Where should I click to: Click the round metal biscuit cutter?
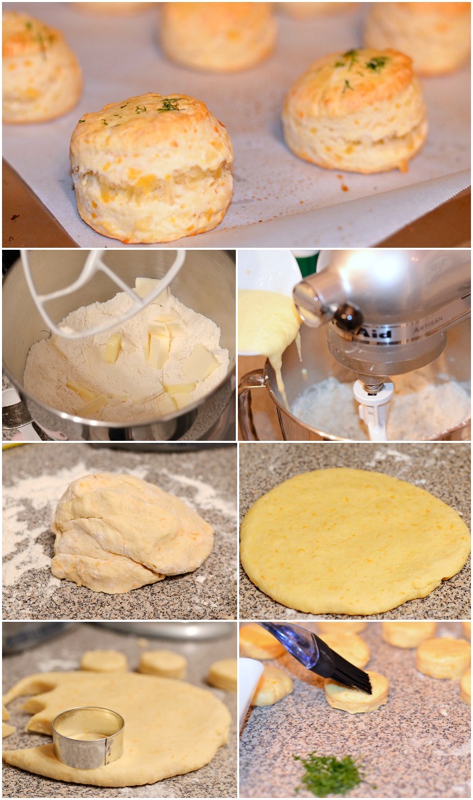pyautogui.click(x=88, y=737)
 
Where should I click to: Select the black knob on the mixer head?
pyautogui.click(x=347, y=317)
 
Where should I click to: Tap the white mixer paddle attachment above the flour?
pyautogui.click(x=101, y=290)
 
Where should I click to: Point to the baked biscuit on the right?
pyautogui.click(x=355, y=112)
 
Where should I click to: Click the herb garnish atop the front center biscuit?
pyautogui.click(x=169, y=105)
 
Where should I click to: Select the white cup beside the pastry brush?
pyautogui.click(x=249, y=689)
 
